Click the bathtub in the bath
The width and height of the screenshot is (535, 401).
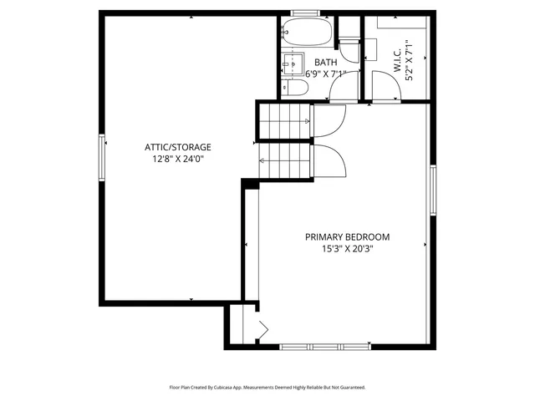click(x=307, y=33)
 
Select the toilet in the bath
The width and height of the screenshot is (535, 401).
click(x=290, y=87)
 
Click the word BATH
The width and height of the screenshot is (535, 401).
click(x=325, y=63)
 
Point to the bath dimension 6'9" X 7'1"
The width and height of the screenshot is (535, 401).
click(x=325, y=74)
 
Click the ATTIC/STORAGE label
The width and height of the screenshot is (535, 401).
click(x=177, y=147)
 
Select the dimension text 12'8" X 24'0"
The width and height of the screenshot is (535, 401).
click(x=177, y=158)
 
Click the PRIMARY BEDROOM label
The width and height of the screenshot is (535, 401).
click(x=347, y=236)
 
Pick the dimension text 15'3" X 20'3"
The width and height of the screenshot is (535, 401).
click(x=347, y=248)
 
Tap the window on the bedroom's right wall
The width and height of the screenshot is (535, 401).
click(x=433, y=190)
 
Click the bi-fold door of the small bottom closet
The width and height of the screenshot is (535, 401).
click(x=260, y=331)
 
